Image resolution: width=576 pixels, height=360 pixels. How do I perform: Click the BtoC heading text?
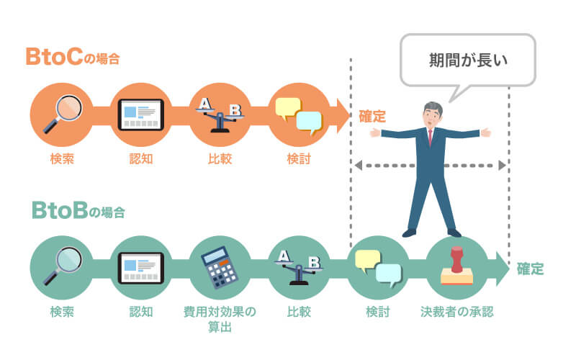click(x=71, y=58)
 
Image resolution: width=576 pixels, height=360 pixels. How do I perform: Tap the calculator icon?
click(x=220, y=268)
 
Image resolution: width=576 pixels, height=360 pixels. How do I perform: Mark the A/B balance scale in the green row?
click(x=299, y=267)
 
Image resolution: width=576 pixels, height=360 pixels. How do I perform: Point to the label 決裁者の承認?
click(x=457, y=312)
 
